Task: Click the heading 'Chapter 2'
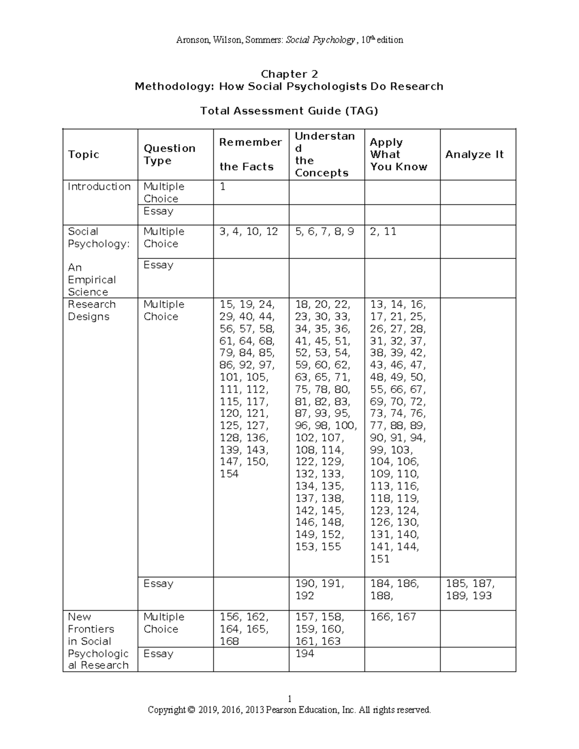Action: pyautogui.click(x=289, y=74)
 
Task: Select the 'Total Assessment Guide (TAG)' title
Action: pyautogui.click(x=289, y=111)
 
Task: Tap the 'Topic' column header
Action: pyautogui.click(x=83, y=154)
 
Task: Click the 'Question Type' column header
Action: pyautogui.click(x=169, y=154)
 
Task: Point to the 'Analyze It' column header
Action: pyautogui.click(x=474, y=154)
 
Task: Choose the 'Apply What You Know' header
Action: pyautogui.click(x=399, y=154)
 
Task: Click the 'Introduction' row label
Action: pyautogui.click(x=99, y=187)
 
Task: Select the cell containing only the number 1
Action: pyautogui.click(x=222, y=187)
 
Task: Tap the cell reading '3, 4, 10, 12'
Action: pyautogui.click(x=248, y=232)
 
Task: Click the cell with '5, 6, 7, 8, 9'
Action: pyautogui.click(x=324, y=232)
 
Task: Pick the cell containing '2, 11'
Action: pyautogui.click(x=383, y=232)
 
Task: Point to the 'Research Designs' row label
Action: pyautogui.click(x=92, y=311)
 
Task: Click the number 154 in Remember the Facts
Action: pyautogui.click(x=229, y=474)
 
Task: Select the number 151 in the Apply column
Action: pyautogui.click(x=380, y=559)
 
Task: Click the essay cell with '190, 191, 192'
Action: pyautogui.click(x=319, y=589)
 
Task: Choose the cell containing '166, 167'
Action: pyautogui.click(x=393, y=617)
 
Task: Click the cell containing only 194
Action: pyautogui.click(x=304, y=654)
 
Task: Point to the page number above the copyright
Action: pyautogui.click(x=289, y=699)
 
